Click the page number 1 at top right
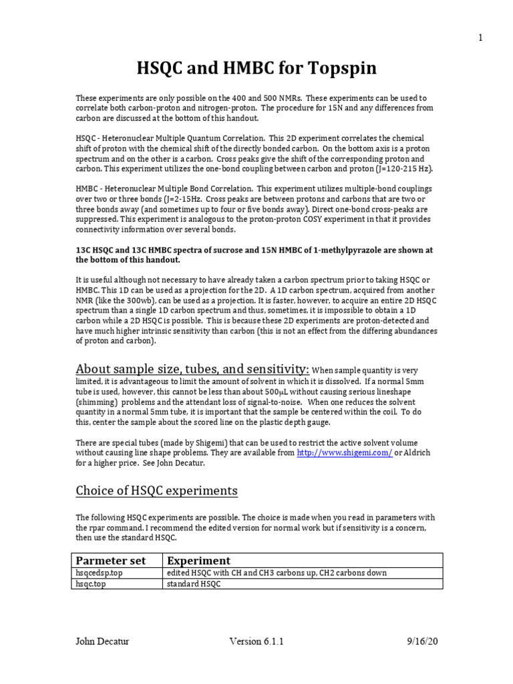pyautogui.click(x=480, y=38)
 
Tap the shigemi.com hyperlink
pyautogui.click(x=335, y=452)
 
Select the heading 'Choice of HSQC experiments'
pyautogui.click(x=156, y=491)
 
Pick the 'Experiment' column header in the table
pyautogui.click(x=198, y=560)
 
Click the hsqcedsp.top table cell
pyautogui.click(x=101, y=573)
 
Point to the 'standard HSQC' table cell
pyautogui.click(x=193, y=584)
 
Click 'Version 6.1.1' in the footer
pyautogui.click(x=256, y=642)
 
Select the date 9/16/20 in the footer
pyautogui.click(x=422, y=642)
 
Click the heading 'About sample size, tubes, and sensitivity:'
pyautogui.click(x=192, y=369)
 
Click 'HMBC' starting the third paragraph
pyautogui.click(x=87, y=189)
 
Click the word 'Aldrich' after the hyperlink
pyautogui.click(x=413, y=452)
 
